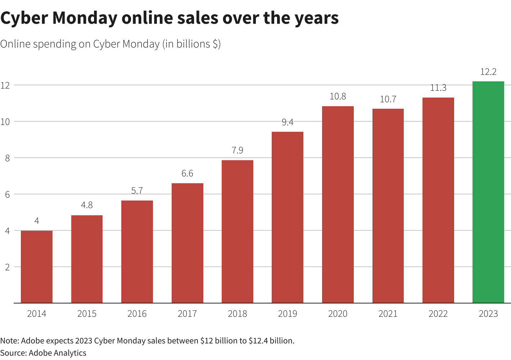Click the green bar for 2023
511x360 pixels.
(488, 192)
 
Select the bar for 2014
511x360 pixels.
(37, 267)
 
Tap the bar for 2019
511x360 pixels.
(288, 217)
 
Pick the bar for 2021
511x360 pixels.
(388, 206)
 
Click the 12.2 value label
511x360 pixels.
(488, 72)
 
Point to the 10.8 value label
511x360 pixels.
(338, 96)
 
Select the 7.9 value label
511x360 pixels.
(238, 150)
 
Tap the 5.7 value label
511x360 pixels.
(137, 191)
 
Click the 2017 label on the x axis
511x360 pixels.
(187, 314)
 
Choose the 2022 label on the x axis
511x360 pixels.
(438, 314)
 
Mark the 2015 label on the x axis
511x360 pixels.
(87, 314)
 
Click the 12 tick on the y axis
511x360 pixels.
(5, 85)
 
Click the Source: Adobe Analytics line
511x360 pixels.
(43, 353)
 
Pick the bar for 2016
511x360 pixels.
(137, 252)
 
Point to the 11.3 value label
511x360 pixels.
(438, 88)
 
